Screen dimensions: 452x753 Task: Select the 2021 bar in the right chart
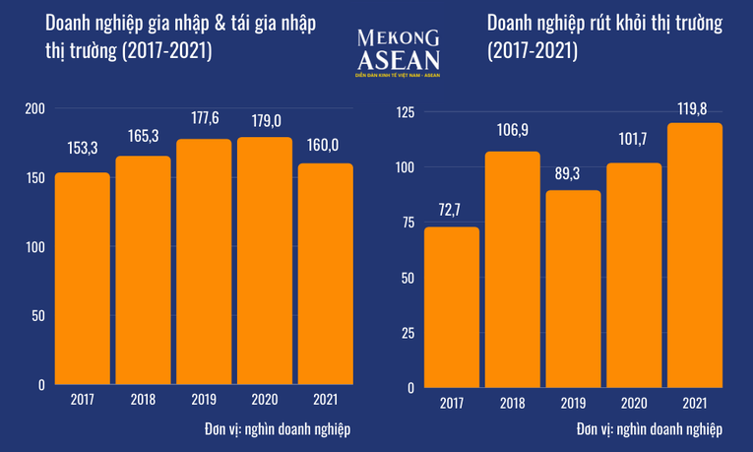tap(695, 255)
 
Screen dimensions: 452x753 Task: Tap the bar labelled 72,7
tap(451, 307)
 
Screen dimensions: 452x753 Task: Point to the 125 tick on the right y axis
tap(403, 113)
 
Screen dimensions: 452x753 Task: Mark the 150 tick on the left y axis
tap(35, 178)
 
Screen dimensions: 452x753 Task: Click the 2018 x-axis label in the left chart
tap(144, 399)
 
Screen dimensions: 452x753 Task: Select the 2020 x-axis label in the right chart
tap(634, 402)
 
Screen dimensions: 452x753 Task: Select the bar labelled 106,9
tap(512, 270)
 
